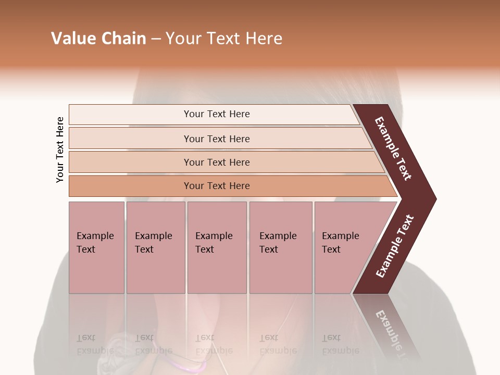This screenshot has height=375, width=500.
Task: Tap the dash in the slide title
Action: tap(156, 39)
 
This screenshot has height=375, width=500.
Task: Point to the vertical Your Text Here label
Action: tap(60, 149)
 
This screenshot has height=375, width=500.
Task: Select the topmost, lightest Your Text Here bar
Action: tap(216, 114)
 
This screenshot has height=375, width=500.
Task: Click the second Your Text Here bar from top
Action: tap(216, 139)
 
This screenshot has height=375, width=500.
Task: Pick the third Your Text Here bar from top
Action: tap(216, 162)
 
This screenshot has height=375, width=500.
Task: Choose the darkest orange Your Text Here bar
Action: tap(216, 186)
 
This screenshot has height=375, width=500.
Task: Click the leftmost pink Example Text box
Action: tap(96, 247)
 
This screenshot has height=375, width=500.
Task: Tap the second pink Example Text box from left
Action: tap(155, 247)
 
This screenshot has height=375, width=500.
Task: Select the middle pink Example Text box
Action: tap(217, 247)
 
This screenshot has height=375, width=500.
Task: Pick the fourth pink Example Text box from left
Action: tap(281, 247)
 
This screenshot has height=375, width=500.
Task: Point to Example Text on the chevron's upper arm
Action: tap(394, 148)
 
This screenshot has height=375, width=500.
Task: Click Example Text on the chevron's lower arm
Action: tap(395, 246)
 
